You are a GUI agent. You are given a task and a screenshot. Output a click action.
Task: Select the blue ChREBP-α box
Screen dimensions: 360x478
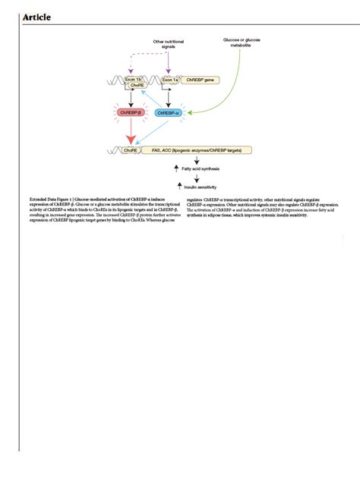(168, 112)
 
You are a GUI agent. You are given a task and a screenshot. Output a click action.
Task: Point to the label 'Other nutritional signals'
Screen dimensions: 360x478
(168, 44)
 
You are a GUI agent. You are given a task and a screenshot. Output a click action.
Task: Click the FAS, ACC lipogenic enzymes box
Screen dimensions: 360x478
(197, 151)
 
